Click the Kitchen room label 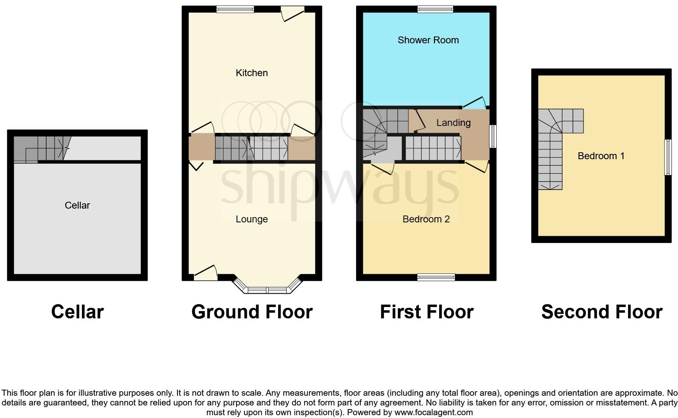(x=251, y=73)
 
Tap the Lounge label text (x=251, y=219)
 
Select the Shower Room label (x=428, y=40)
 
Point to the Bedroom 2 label (x=426, y=219)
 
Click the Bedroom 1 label (x=601, y=156)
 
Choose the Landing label (x=453, y=123)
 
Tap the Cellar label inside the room (x=77, y=205)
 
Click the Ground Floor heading (x=252, y=312)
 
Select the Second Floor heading (x=602, y=312)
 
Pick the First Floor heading (x=427, y=312)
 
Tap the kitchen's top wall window (x=235, y=9)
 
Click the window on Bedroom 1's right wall (x=667, y=157)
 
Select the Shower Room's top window (x=436, y=9)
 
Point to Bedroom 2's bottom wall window (x=436, y=277)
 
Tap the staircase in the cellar (x=41, y=149)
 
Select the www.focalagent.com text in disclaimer (x=433, y=413)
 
